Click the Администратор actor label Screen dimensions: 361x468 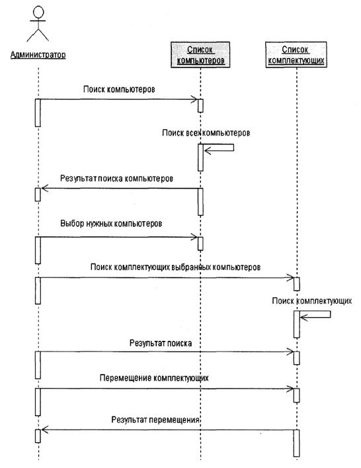pyautogui.click(x=38, y=55)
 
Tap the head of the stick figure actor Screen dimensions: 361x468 pyautogui.click(x=38, y=12)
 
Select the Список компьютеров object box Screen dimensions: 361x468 pyautogui.click(x=200, y=55)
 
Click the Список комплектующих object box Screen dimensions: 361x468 pyautogui.click(x=296, y=55)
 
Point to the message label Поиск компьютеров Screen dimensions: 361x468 pyautogui.click(x=119, y=89)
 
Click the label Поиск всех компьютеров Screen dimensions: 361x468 pyautogui.click(x=206, y=132)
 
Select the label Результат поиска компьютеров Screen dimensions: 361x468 pyautogui.click(x=116, y=179)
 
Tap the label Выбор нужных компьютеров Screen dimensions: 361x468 pyautogui.click(x=111, y=224)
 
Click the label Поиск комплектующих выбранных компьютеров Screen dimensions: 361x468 pyautogui.click(x=175, y=267)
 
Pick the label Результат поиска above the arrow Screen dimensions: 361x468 pyautogui.click(x=161, y=344)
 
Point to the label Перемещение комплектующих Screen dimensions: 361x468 pyautogui.click(x=154, y=378)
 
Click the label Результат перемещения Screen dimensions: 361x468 pyautogui.click(x=155, y=420)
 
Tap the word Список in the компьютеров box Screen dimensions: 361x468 pyautogui.click(x=200, y=50)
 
